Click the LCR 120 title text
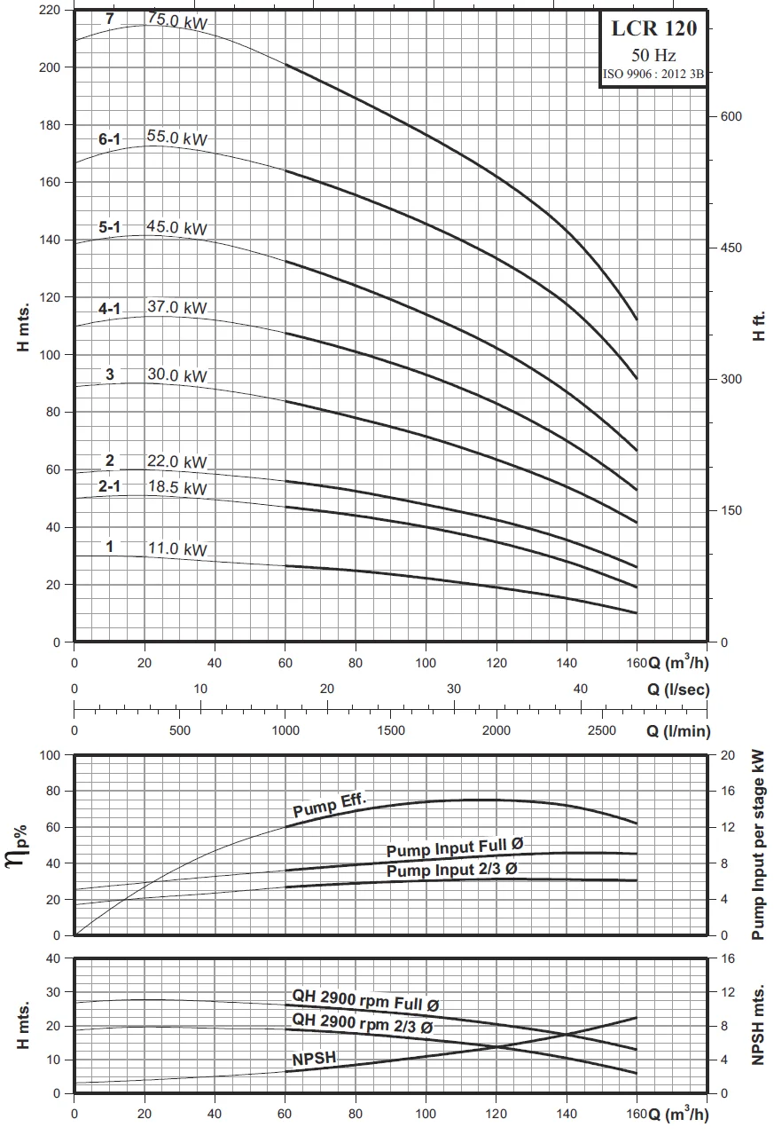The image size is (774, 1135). [654, 28]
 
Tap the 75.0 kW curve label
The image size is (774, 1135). [177, 21]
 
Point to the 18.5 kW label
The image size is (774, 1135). [176, 488]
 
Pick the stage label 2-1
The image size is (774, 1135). [110, 485]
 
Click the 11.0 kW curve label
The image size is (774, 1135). [176, 549]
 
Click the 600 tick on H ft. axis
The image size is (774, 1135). [730, 116]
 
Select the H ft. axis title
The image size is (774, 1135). [759, 327]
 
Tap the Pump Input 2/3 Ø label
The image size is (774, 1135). [451, 871]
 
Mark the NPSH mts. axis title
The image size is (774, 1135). [759, 1024]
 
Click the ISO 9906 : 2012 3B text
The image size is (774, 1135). [653, 75]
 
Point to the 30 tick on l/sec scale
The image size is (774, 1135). [454, 690]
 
